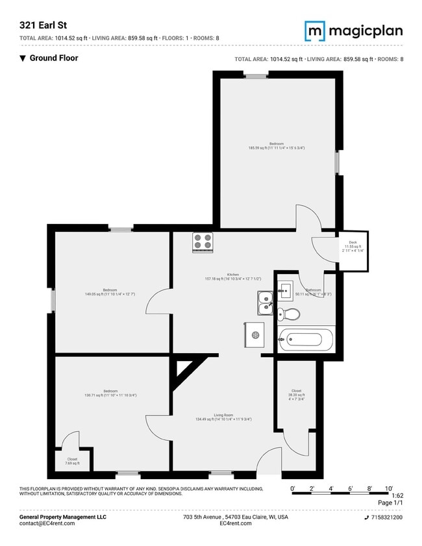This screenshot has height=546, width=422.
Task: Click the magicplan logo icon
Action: (316, 31)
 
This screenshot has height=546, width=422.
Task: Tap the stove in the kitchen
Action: (203, 242)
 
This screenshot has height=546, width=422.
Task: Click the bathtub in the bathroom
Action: (306, 339)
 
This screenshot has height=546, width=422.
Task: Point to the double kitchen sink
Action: (265, 299)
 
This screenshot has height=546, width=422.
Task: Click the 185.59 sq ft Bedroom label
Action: (276, 145)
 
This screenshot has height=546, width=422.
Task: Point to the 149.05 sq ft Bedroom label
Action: (110, 292)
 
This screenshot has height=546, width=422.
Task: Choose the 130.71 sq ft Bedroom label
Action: (110, 393)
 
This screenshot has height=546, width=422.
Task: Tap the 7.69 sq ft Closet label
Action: (72, 461)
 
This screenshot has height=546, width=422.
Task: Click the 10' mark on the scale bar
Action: (389, 488)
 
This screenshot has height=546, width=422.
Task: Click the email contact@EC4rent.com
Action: (47, 523)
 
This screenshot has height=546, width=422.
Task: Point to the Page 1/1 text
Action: (390, 503)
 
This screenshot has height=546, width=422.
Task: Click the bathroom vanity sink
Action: (285, 290)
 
